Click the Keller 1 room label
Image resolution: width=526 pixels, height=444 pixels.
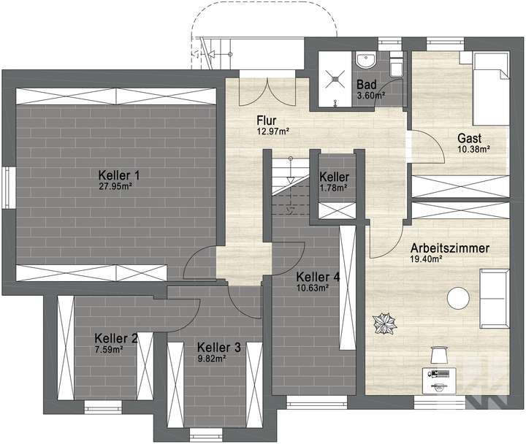(119, 175)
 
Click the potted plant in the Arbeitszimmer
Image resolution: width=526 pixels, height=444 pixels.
(383, 323)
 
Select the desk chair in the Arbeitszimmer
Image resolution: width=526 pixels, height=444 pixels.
(438, 354)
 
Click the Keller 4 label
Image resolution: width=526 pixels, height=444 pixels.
(318, 277)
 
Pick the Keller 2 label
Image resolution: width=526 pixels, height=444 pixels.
(116, 338)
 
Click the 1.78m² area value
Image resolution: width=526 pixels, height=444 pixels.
(334, 187)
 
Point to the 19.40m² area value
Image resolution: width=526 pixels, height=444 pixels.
(428, 259)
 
